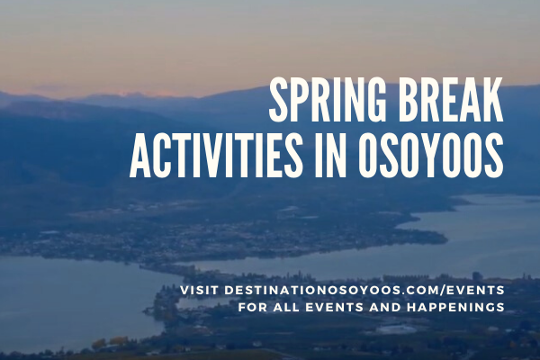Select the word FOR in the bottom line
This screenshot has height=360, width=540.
pos(252,308)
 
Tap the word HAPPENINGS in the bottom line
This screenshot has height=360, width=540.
pos(458,308)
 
